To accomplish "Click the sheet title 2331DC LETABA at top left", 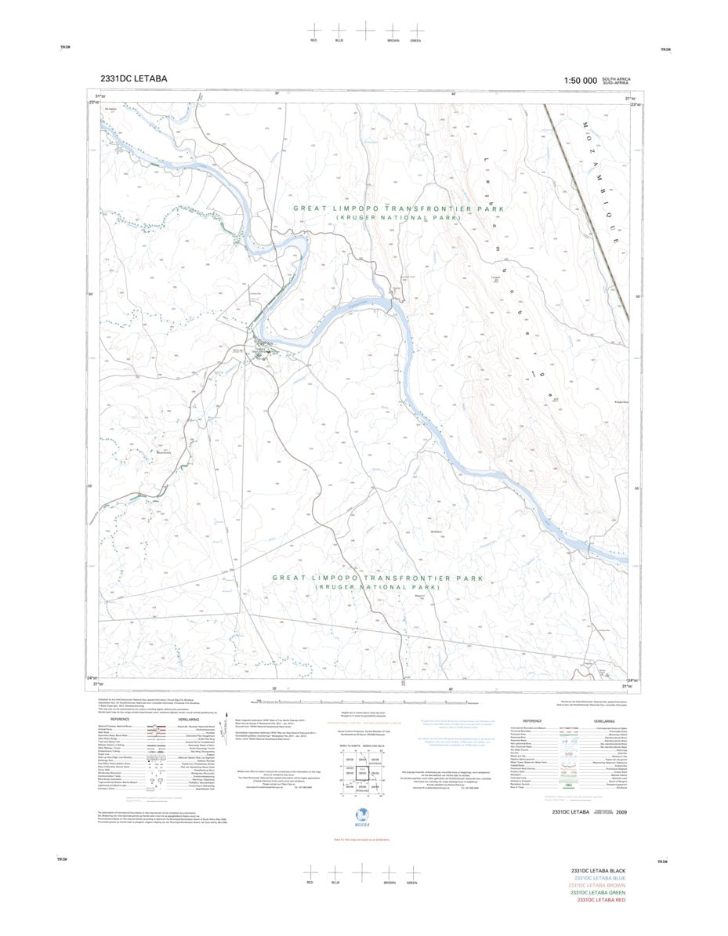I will click(x=133, y=79).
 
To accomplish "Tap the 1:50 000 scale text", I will click(x=580, y=81).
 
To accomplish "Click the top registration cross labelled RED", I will click(x=313, y=28).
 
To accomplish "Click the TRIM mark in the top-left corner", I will click(x=63, y=49).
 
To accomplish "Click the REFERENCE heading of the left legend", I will click(x=119, y=719).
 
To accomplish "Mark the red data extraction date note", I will click(x=364, y=817).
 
